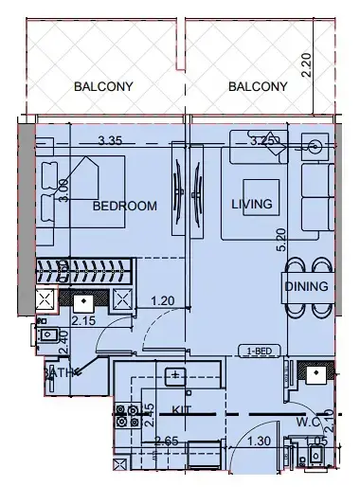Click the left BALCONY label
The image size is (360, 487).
103,87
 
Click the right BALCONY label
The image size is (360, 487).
258,87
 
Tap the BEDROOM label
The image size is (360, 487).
124,206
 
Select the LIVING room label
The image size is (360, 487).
252,204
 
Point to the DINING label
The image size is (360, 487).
306,287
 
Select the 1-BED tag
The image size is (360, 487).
258,350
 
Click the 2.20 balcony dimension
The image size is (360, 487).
305,64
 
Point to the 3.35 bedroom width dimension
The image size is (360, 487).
113,142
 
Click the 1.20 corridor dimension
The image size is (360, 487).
165,302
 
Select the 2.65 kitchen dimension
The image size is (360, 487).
139,442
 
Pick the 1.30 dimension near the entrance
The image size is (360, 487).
259,442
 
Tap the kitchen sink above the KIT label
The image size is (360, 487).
175,377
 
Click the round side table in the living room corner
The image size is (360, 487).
313,146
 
